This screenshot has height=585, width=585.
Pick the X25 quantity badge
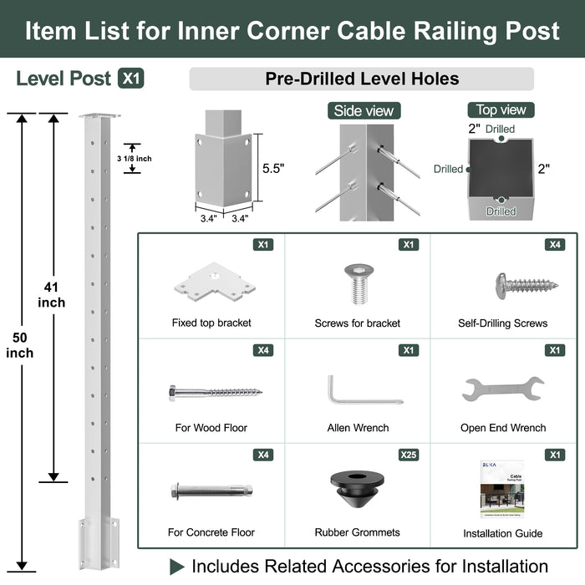point(407,455)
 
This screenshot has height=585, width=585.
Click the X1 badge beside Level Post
point(131,79)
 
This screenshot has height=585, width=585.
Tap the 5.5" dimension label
point(273,168)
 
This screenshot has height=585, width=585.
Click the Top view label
point(501,109)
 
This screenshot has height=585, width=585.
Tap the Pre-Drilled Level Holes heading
point(361,79)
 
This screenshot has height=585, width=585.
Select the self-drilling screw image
point(526,284)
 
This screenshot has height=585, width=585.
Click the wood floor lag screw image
point(214,390)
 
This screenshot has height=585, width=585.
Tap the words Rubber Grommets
point(357,532)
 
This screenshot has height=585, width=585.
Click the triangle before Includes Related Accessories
point(177,567)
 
